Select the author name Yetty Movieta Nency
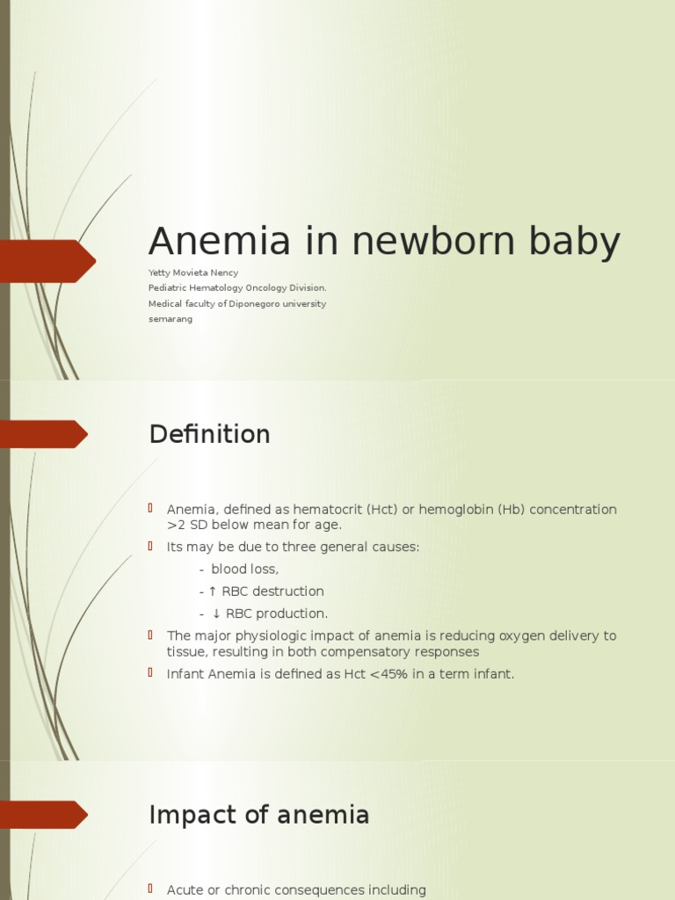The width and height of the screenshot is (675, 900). pos(193,272)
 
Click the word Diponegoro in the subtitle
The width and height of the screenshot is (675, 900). pos(258,304)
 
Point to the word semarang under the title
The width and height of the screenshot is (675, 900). pos(171,319)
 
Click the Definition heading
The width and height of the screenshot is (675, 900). pos(209,434)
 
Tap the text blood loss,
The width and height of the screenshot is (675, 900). pos(244,570)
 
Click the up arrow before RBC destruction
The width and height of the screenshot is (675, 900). pos(212,592)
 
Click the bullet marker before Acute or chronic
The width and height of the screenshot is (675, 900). pos(151,889)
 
